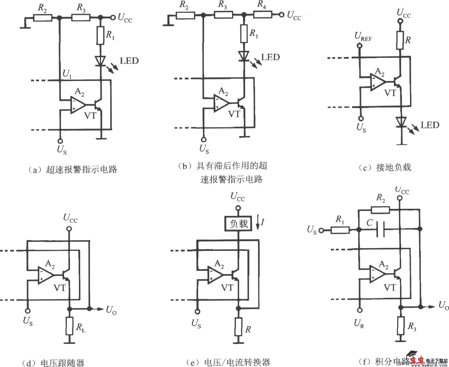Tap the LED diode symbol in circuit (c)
[x=401, y=122]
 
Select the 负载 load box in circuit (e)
[x=239, y=224]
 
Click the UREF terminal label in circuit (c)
[x=363, y=37]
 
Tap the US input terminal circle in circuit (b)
[x=203, y=140]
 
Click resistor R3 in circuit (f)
[x=401, y=326]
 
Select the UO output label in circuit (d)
[x=111, y=310]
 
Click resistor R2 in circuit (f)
[x=380, y=210]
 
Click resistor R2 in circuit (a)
[x=43, y=18]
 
